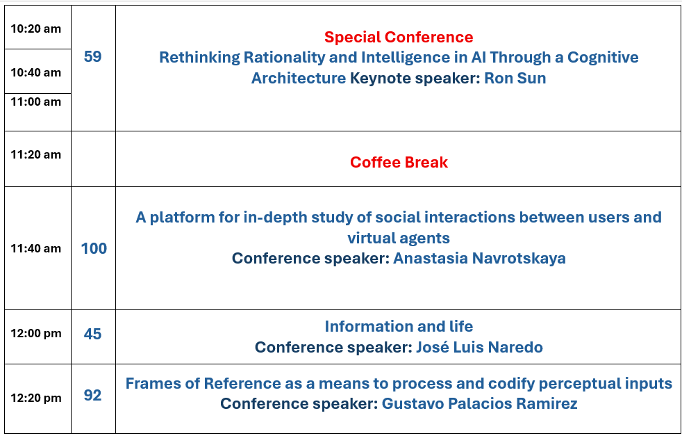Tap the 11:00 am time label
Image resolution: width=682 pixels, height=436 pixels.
(35, 102)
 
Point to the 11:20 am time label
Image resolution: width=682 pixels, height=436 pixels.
(35, 154)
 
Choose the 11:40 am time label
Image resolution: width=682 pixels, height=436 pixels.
(35, 248)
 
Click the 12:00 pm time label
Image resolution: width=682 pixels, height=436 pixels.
(35, 333)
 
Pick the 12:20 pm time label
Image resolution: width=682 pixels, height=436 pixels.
(35, 398)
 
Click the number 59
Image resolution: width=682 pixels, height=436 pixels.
(92, 56)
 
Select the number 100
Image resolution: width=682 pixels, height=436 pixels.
(94, 248)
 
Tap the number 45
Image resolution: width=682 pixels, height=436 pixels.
(92, 334)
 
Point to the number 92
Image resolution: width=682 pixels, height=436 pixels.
(92, 395)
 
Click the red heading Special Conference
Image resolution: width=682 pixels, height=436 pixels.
(399, 37)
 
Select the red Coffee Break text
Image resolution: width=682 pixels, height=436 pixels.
(399, 162)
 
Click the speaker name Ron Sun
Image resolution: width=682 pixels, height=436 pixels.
(515, 78)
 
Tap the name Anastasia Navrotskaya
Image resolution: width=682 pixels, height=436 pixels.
(479, 258)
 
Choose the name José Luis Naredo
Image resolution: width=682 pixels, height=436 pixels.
(479, 347)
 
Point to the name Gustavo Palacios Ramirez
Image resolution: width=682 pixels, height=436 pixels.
(479, 403)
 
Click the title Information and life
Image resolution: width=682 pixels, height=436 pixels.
(399, 326)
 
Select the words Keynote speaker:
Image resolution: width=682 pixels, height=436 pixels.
(415, 78)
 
